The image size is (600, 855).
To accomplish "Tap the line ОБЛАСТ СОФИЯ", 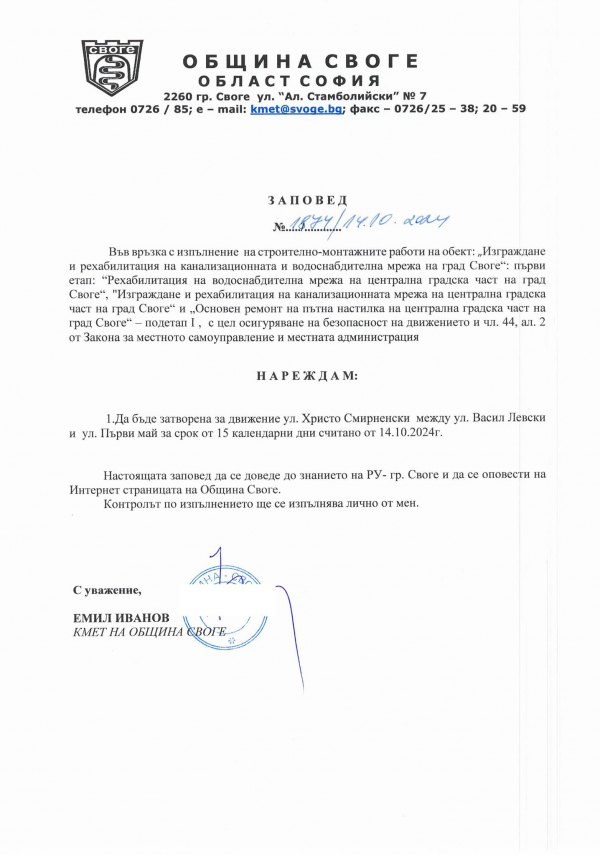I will pos(288,80).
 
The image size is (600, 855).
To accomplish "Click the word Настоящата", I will pos(139,475).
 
